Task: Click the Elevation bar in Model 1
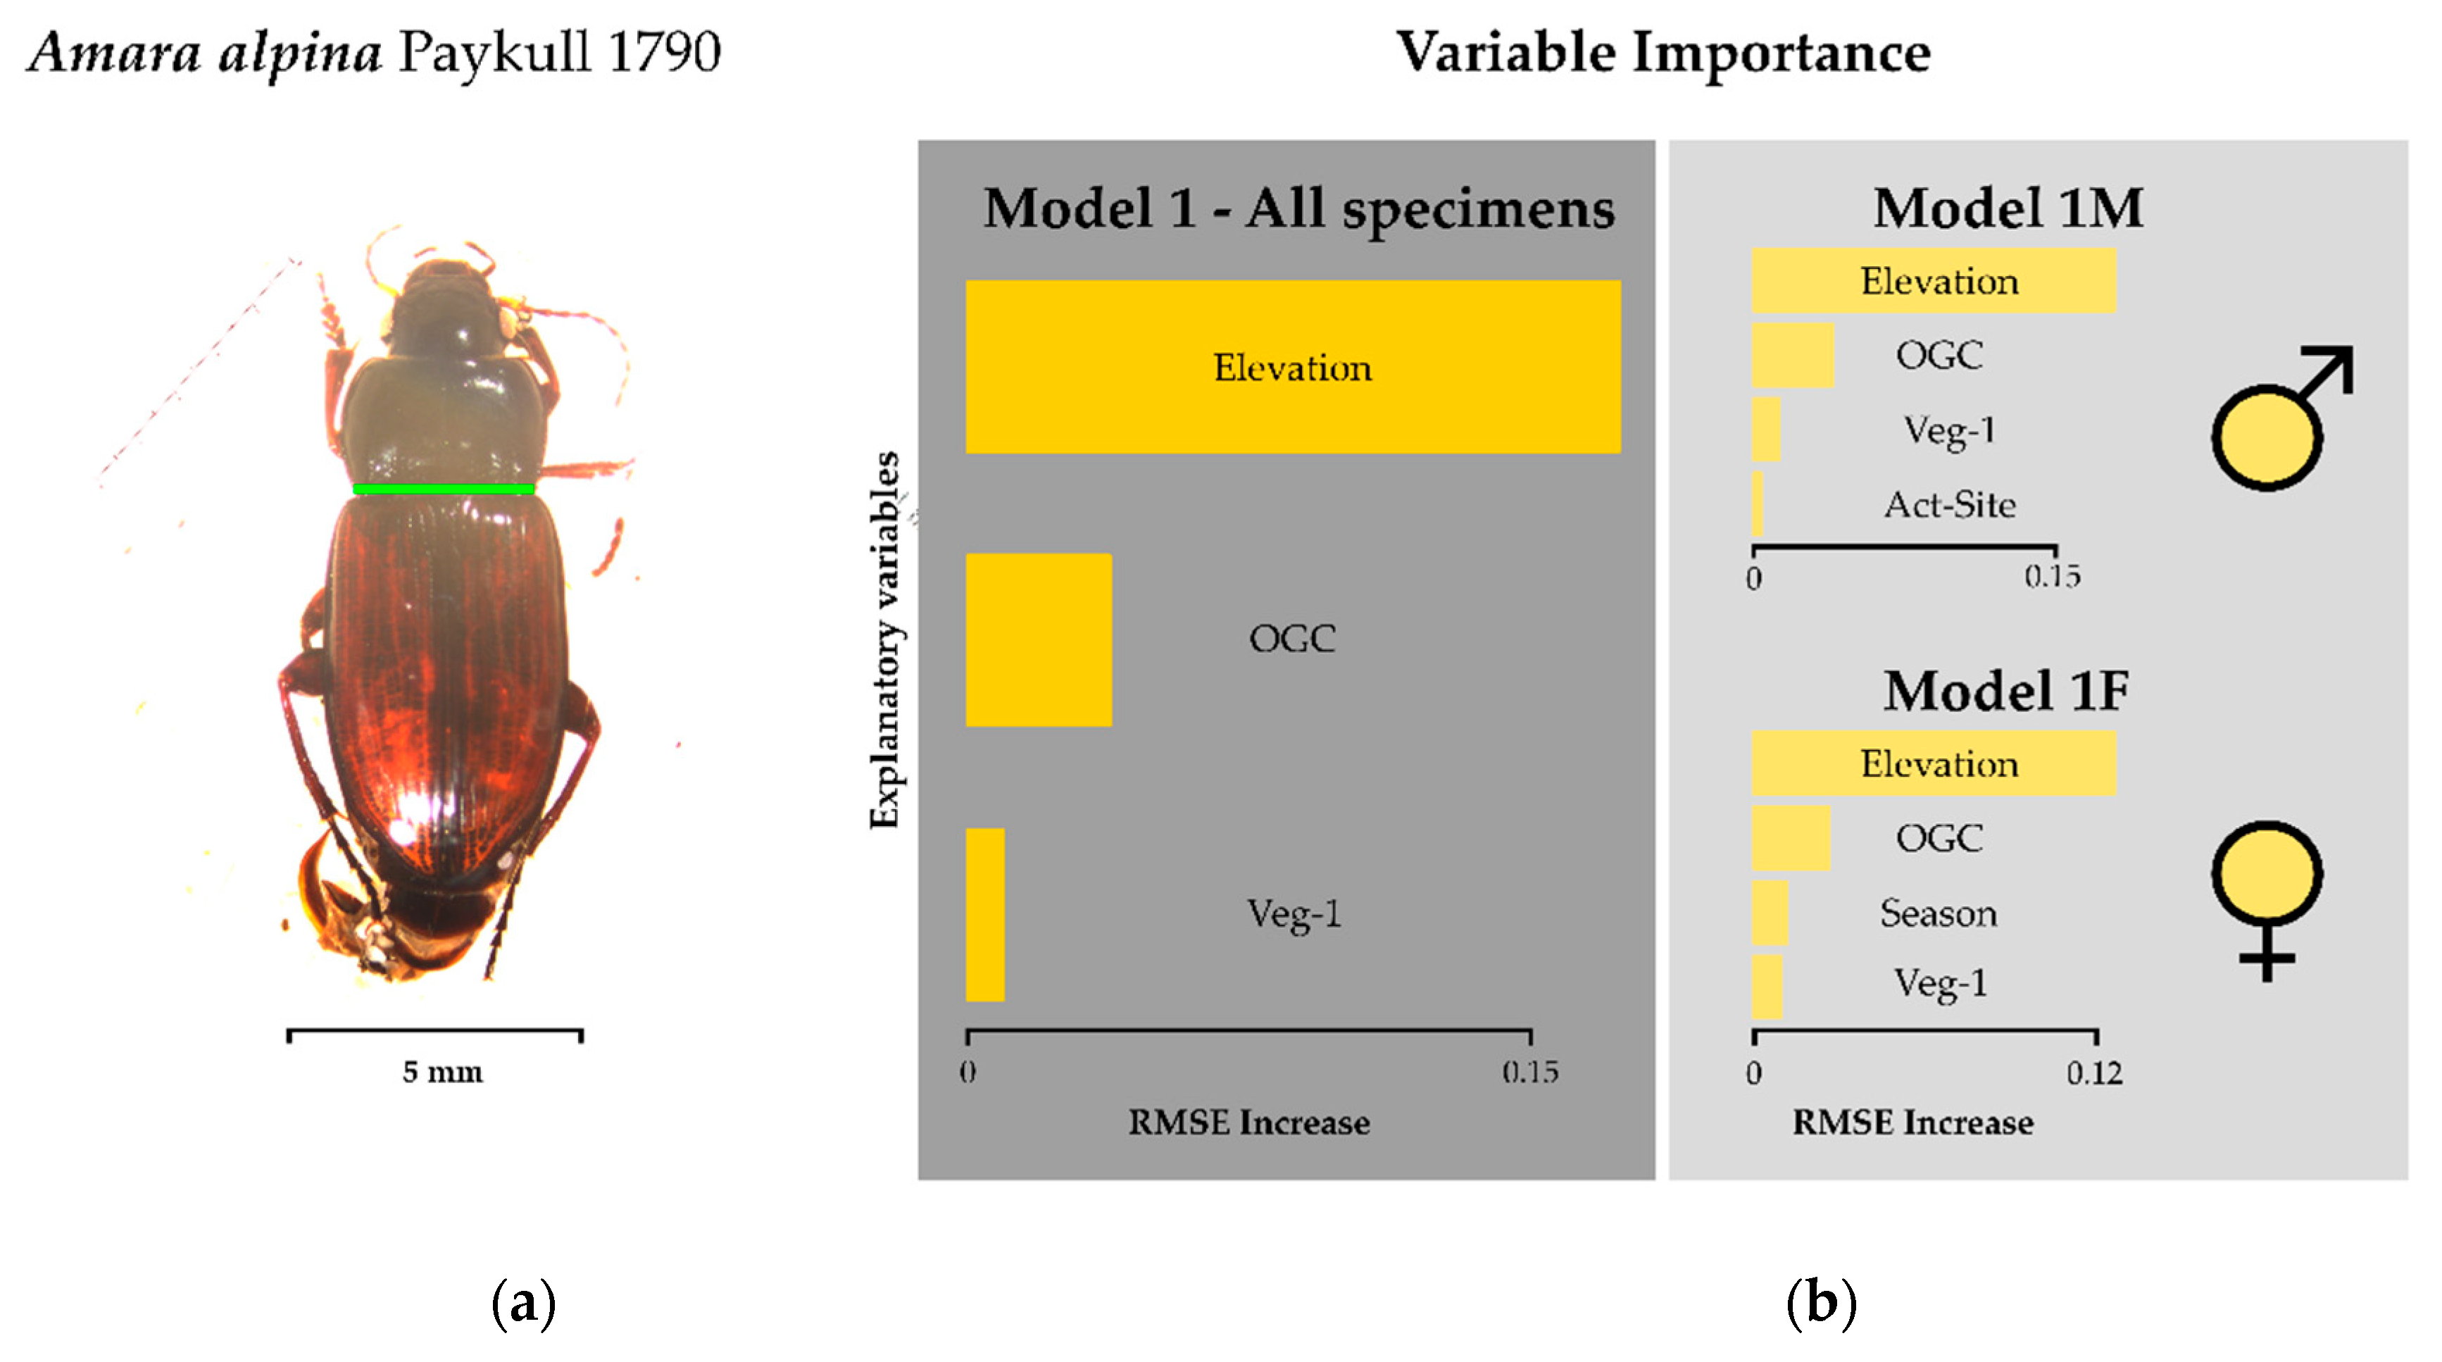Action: click(x=1292, y=367)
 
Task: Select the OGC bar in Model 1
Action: click(x=1038, y=639)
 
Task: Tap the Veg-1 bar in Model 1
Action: click(x=985, y=915)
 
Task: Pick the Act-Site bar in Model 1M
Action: click(x=1758, y=504)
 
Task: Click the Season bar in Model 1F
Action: click(x=1769, y=913)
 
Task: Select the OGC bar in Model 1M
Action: click(x=1791, y=356)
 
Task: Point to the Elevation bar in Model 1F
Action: click(x=1932, y=763)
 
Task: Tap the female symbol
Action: click(x=2267, y=896)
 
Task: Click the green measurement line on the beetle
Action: click(x=443, y=489)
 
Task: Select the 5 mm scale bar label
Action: click(x=442, y=1072)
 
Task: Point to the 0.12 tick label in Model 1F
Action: click(x=2094, y=1073)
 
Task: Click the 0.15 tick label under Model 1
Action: click(x=1529, y=1072)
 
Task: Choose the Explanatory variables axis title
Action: click(x=884, y=639)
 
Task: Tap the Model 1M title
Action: click(x=2007, y=208)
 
